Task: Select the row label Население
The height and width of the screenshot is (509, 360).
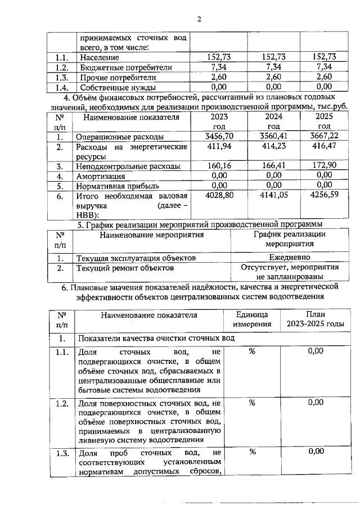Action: click(100, 57)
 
